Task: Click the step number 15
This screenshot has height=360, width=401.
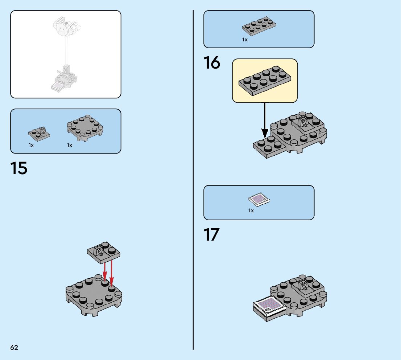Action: click(18, 168)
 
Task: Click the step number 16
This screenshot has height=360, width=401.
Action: click(212, 62)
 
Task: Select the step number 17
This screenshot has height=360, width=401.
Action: click(211, 234)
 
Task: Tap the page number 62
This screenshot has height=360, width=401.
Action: click(15, 347)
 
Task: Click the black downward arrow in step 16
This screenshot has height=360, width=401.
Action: click(265, 120)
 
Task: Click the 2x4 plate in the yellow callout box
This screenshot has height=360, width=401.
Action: click(265, 81)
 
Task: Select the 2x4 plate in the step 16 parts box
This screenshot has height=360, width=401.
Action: click(259, 26)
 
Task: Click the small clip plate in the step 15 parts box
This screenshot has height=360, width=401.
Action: click(39, 134)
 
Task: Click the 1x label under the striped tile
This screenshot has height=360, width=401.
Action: click(251, 210)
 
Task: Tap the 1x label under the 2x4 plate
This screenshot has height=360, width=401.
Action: click(245, 40)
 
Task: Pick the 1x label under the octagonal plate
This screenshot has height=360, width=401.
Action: click(70, 145)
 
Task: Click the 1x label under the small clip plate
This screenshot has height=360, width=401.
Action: click(31, 145)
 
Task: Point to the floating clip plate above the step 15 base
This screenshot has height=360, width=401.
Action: click(104, 252)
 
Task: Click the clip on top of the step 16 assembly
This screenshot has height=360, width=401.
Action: click(303, 121)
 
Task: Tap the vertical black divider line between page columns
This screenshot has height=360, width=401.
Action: click(193, 180)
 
